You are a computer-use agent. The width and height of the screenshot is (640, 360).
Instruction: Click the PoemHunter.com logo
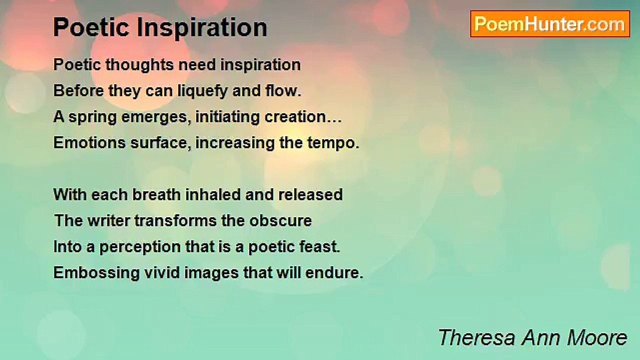pyautogui.click(x=550, y=24)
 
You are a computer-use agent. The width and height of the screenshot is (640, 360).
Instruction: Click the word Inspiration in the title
pyautogui.click(x=202, y=27)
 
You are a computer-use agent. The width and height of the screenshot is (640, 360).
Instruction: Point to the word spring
pyautogui.click(x=92, y=117)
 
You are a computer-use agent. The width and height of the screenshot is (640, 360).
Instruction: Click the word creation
pyautogui.click(x=295, y=117)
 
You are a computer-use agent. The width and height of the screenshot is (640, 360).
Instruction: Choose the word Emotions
pyautogui.click(x=89, y=142)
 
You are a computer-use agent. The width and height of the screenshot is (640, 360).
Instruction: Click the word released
pyautogui.click(x=310, y=194)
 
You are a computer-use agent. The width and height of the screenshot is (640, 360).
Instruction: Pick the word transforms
pyautogui.click(x=175, y=220)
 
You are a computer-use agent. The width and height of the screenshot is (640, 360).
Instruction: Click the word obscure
pyautogui.click(x=280, y=220)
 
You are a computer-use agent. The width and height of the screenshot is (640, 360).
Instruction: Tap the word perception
pyautogui.click(x=140, y=247)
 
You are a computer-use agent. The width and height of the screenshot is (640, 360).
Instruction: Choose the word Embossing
pyautogui.click(x=96, y=273)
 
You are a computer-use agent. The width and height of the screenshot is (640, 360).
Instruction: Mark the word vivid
pyautogui.click(x=162, y=272)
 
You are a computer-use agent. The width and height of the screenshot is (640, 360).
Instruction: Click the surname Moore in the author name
pyautogui.click(x=597, y=337)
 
